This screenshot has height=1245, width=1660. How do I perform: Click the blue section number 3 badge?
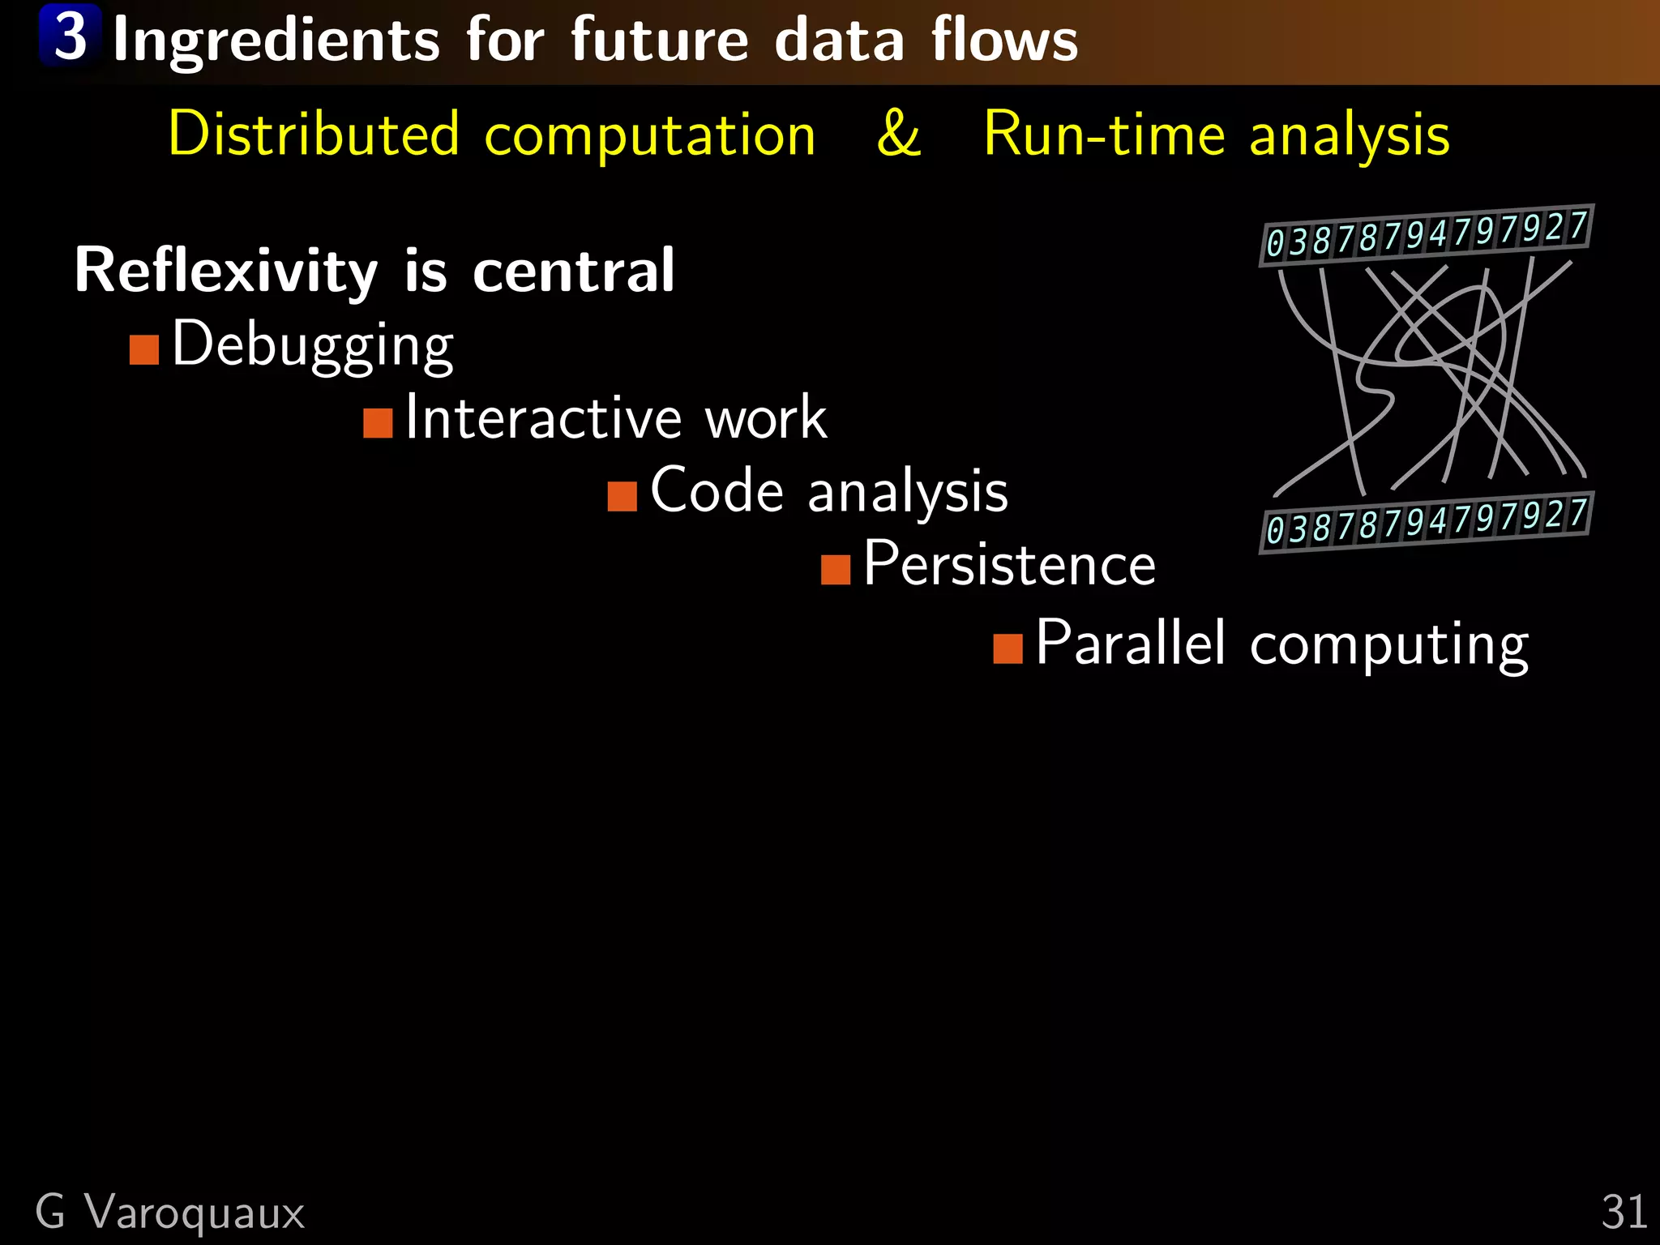tap(71, 36)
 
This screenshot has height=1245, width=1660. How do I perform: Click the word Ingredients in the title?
tap(276, 41)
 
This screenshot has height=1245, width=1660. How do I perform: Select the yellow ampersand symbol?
tap(898, 134)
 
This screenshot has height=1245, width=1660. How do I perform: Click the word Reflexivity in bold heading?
tap(226, 272)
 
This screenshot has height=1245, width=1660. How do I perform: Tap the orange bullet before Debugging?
tap(144, 350)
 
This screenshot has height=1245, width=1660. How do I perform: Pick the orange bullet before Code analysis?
tap(622, 496)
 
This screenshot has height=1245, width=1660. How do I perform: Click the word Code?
tap(717, 491)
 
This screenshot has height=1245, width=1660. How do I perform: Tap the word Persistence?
tap(1009, 564)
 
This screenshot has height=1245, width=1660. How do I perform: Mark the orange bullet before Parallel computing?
tap(1008, 648)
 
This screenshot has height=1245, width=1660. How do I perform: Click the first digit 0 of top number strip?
tap(1275, 243)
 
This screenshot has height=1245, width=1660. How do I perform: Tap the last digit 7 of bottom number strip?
tap(1577, 513)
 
